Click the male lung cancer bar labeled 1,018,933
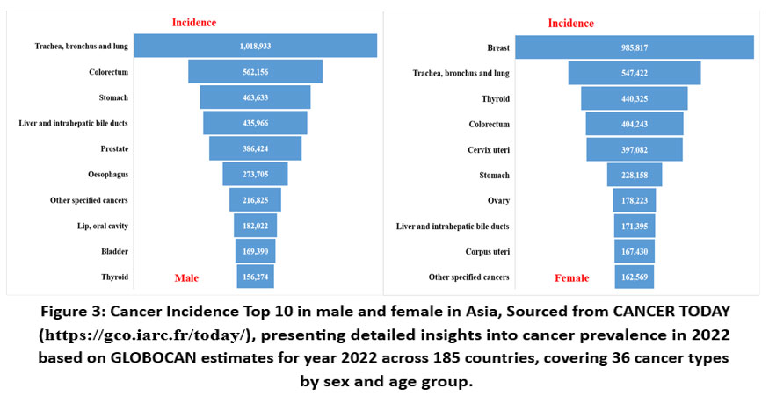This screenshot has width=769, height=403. [255, 46]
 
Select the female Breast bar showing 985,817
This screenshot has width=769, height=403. [634, 47]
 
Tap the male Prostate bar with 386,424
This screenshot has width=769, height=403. [255, 149]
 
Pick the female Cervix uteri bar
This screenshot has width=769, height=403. [634, 150]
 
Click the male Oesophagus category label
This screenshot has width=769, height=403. [109, 175]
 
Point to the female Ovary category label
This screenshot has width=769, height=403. [498, 201]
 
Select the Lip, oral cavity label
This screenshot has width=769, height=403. [103, 226]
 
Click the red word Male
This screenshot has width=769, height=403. [186, 278]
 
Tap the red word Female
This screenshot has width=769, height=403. [571, 278]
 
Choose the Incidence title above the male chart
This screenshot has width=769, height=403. [194, 22]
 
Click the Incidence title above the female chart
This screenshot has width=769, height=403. [570, 23]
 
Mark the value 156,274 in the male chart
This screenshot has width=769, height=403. [255, 277]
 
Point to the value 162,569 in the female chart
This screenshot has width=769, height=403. [634, 277]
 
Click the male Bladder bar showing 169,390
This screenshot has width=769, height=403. [255, 252]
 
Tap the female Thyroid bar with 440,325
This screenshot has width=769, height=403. [634, 98]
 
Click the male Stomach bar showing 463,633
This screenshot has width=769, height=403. [255, 97]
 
